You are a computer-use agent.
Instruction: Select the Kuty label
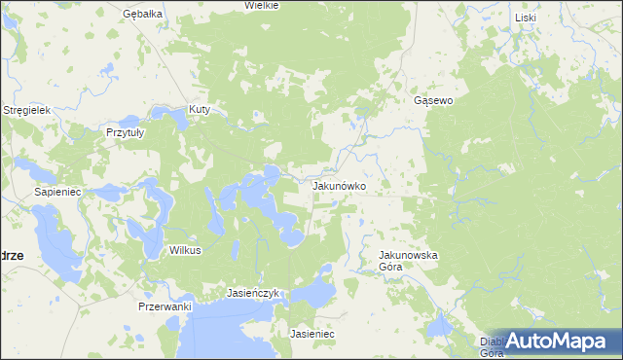tap(201, 109)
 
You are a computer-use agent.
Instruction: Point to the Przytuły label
tap(125, 131)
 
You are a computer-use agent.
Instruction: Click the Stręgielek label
tap(26, 111)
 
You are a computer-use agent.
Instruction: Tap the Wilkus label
tap(185, 250)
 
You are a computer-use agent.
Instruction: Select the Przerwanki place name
tap(165, 306)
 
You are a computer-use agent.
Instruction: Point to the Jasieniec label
tap(312, 334)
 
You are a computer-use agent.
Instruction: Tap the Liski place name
tap(526, 18)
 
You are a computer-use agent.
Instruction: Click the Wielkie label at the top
tap(262, 5)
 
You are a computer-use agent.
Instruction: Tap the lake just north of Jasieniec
tap(315, 291)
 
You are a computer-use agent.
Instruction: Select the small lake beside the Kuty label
tap(182, 121)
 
